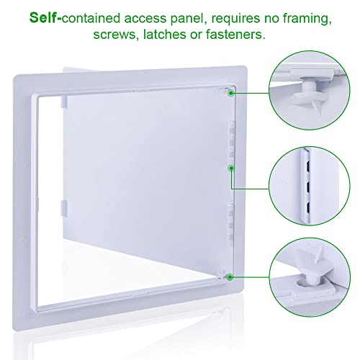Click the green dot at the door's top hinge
[x=230, y=91]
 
